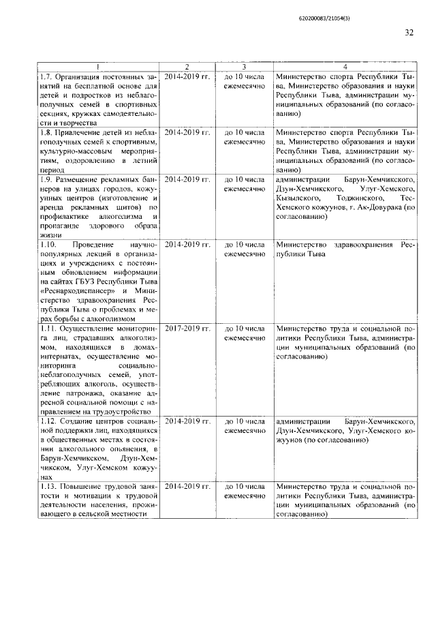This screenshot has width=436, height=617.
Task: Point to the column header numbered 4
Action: point(344,65)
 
